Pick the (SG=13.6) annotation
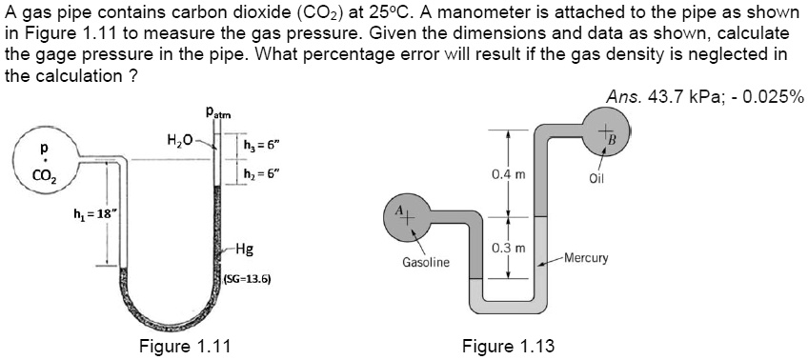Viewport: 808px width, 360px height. click(247, 280)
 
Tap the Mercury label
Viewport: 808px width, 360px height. click(589, 258)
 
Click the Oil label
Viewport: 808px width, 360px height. click(598, 177)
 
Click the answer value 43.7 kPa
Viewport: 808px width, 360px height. click(676, 96)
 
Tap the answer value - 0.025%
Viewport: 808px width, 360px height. click(768, 96)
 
